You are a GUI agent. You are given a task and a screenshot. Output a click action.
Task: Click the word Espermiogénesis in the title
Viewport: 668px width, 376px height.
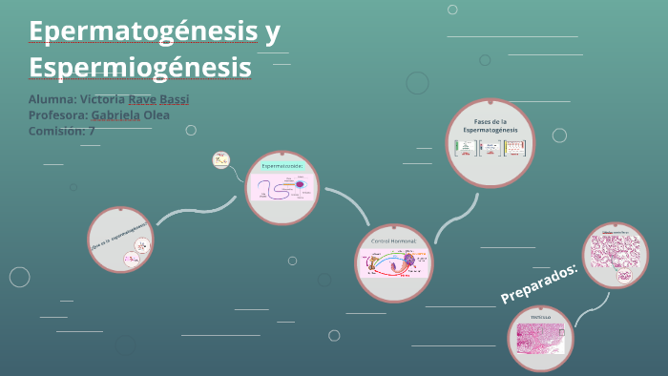[x=140, y=68]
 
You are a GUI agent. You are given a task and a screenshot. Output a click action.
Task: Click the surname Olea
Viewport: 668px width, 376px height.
[x=157, y=115]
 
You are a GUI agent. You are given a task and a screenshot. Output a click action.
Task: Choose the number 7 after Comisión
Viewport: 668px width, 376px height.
[x=92, y=131]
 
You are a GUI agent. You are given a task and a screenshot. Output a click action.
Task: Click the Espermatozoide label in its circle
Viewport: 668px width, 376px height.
[x=282, y=165]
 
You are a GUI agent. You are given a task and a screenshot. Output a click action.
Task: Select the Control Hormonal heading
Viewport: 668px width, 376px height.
[x=394, y=241]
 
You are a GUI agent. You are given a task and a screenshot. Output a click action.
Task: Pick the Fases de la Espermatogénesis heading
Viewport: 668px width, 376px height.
[x=490, y=125]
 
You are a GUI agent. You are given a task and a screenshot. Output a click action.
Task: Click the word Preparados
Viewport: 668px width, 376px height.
[x=539, y=283]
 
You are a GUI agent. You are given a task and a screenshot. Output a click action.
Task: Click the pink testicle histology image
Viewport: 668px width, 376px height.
[x=541, y=340]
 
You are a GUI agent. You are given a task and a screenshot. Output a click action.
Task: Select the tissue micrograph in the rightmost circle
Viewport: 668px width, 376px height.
[x=615, y=256]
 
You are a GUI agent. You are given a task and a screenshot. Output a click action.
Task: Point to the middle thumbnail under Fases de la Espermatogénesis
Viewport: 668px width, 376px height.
[x=490, y=148]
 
